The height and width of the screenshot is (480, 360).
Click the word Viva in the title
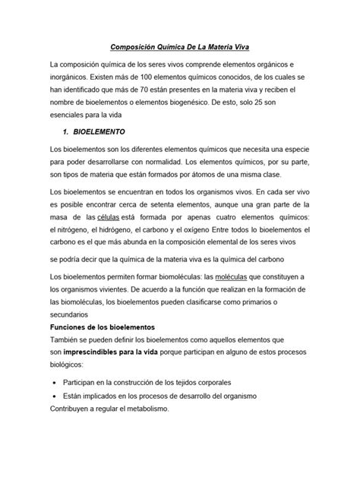[248, 46]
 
